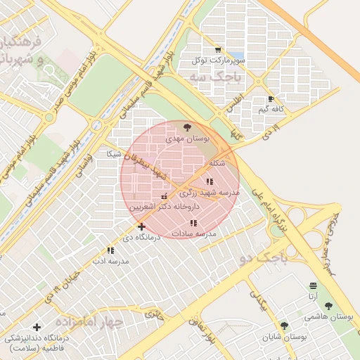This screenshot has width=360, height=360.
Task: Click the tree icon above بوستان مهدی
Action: click(186, 127)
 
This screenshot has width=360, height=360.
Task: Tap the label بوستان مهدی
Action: click(188, 139)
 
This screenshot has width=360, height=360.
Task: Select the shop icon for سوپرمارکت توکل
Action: click(218, 49)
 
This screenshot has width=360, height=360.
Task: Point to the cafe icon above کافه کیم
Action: click(271, 99)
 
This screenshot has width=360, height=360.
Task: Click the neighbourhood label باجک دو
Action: click(264, 257)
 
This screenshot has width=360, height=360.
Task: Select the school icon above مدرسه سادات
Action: click(193, 223)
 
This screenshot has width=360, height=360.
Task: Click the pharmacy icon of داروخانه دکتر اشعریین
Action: click(165, 197)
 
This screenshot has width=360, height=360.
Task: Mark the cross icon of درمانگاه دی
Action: click(141, 226)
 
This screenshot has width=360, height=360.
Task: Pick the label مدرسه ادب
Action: click(110, 261)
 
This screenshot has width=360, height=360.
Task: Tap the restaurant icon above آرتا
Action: click(313, 285)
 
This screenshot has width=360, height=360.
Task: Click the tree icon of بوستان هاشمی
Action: click(328, 306)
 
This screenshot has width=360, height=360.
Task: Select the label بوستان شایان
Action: click(285, 337)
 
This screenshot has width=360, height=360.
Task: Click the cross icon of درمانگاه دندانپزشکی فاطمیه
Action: click(37, 327)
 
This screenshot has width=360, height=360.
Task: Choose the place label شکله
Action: click(218, 163)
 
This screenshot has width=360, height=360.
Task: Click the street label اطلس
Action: click(234, 104)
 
